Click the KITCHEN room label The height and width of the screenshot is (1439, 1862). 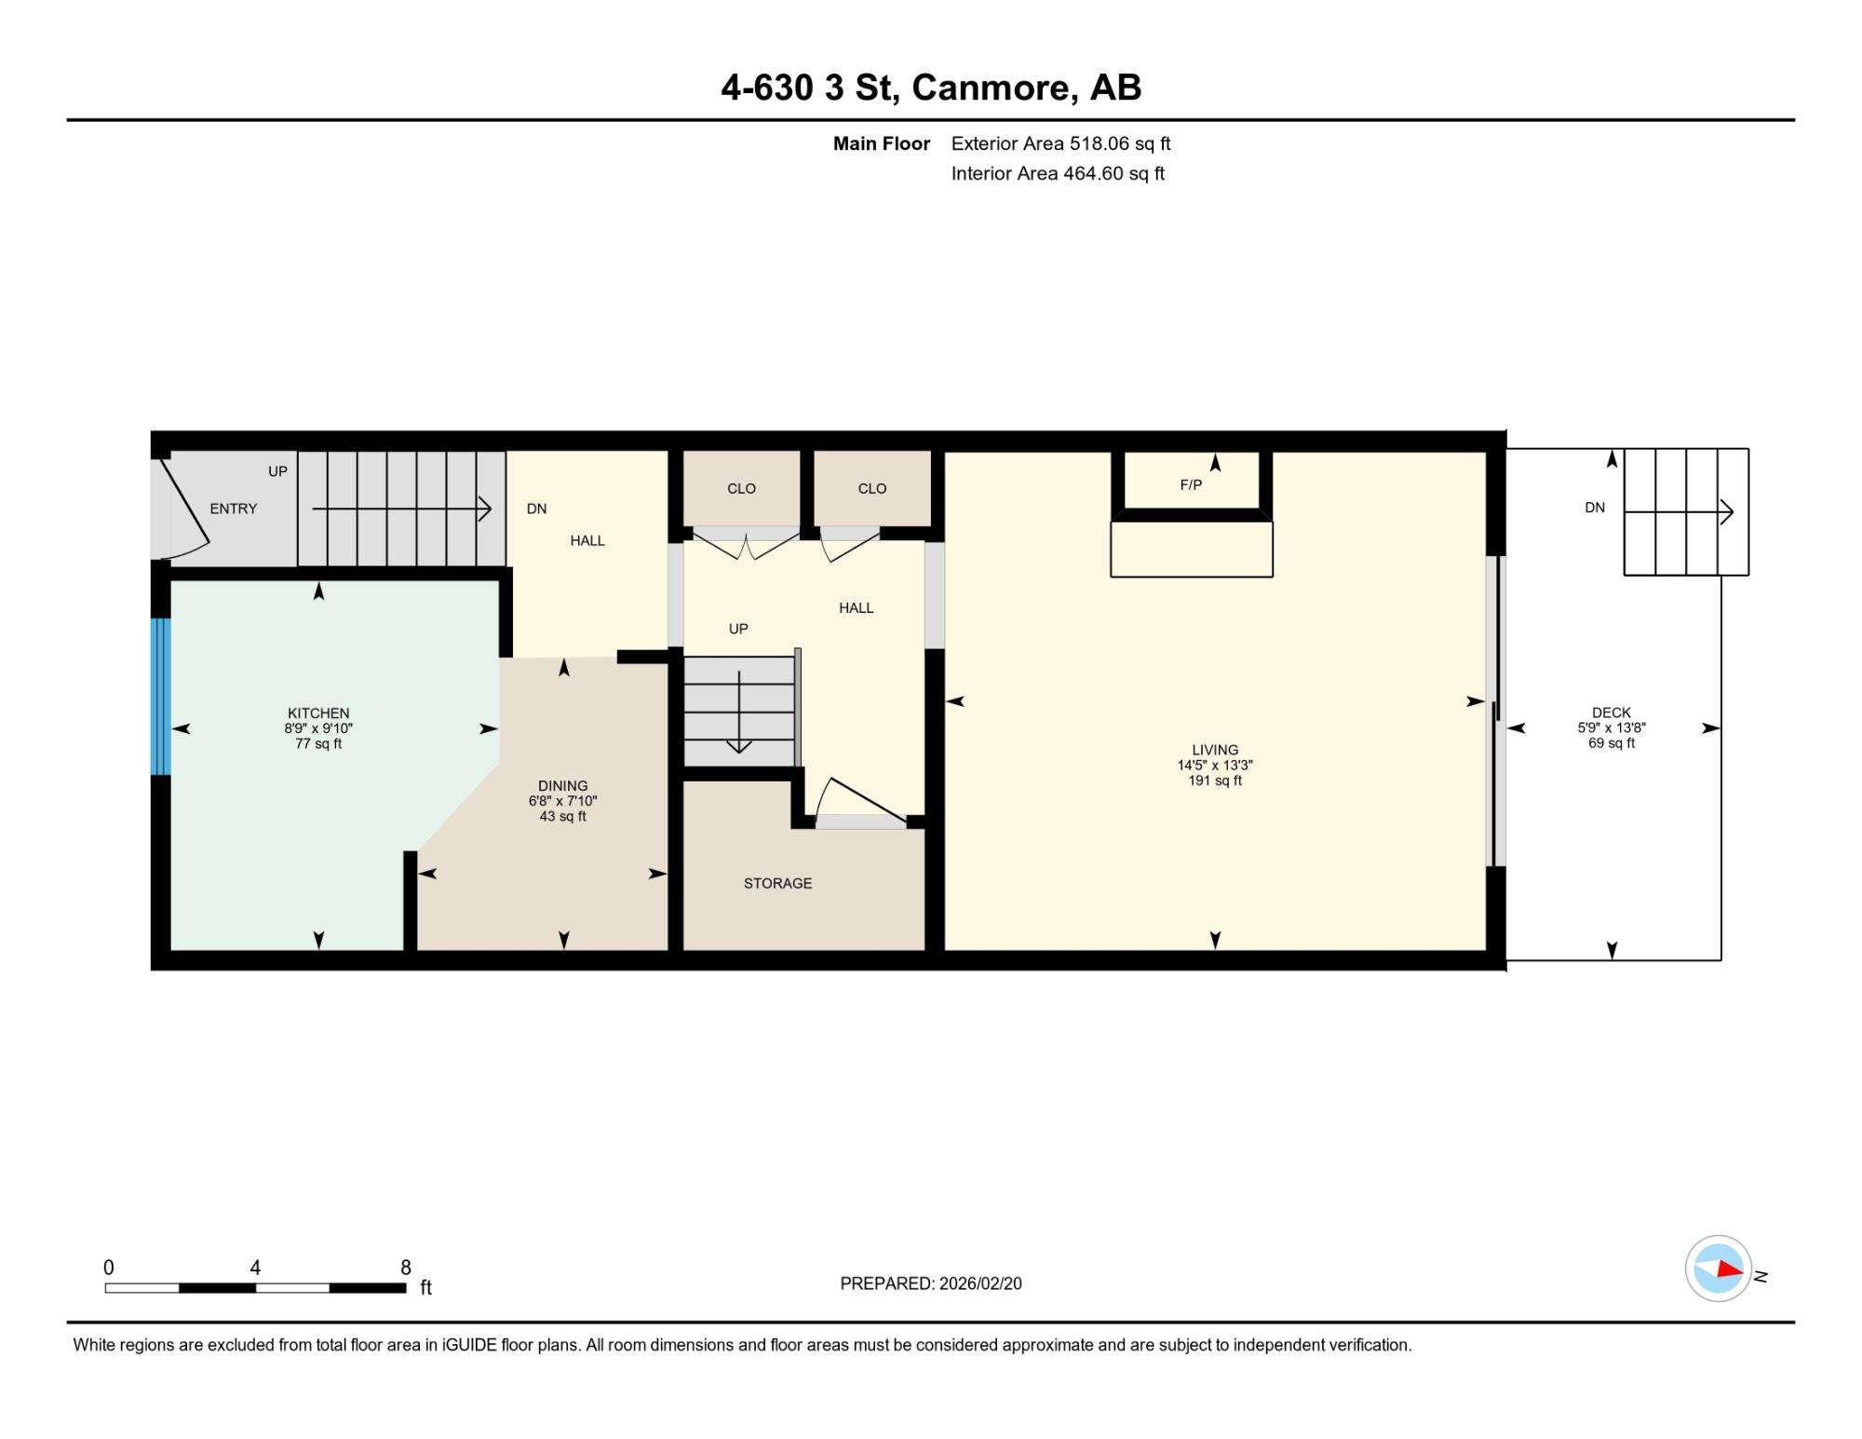(318, 713)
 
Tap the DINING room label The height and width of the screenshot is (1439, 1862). (562, 786)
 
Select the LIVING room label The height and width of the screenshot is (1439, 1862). (1215, 750)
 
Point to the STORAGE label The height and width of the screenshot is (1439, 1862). (777, 883)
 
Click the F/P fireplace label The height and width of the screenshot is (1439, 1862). (1191, 485)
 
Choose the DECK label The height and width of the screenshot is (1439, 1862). (1612, 713)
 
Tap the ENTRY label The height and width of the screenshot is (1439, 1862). (233, 509)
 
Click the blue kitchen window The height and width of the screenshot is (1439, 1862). (161, 697)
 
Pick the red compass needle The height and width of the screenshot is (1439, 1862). (1729, 1268)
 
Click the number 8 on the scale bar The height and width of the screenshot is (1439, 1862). (405, 1267)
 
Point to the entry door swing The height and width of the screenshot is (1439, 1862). (183, 504)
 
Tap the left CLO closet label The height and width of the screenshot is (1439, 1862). (741, 488)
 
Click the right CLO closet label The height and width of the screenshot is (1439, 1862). (872, 488)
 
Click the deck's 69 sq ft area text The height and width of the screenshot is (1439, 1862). (1612, 743)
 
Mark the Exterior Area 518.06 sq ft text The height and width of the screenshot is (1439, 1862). (1060, 143)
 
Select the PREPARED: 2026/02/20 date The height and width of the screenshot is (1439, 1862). (931, 1283)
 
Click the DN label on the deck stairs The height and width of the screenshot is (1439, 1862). (1595, 508)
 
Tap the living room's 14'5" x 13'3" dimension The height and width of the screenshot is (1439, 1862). (1215, 766)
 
